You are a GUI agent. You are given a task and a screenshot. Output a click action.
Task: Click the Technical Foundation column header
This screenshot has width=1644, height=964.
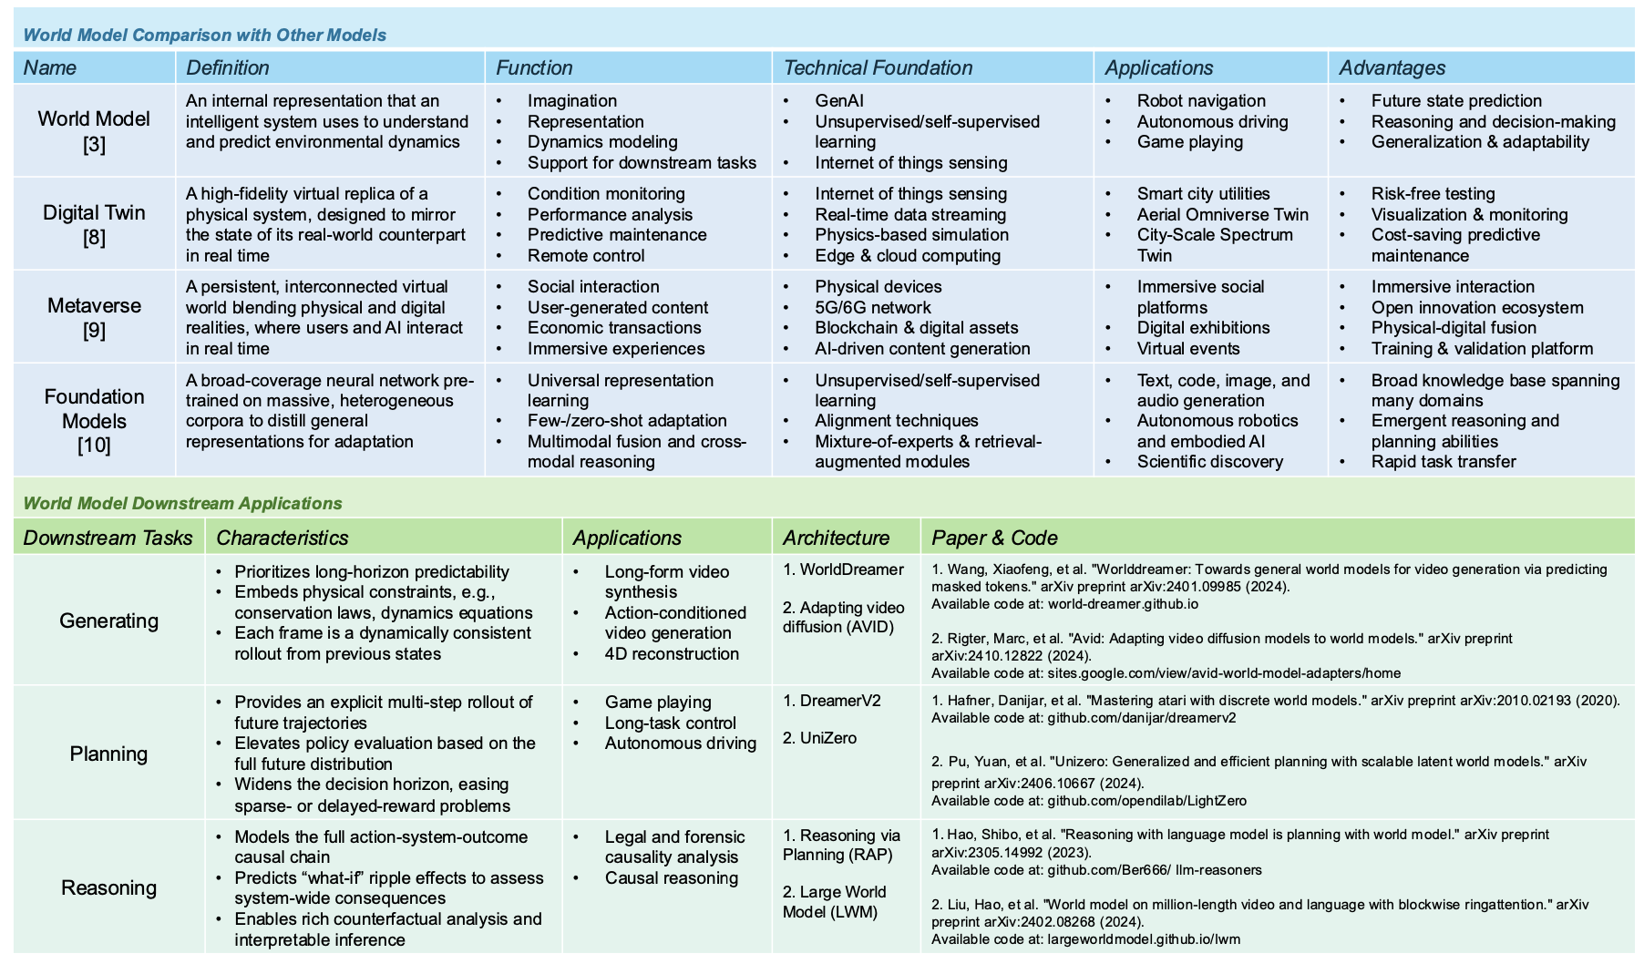click(x=878, y=67)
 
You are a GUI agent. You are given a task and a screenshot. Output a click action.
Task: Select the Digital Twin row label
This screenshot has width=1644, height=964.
click(x=94, y=224)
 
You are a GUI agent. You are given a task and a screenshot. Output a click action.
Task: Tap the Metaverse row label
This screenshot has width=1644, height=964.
click(x=94, y=317)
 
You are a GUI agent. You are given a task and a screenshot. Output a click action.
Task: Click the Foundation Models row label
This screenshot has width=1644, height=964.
click(x=94, y=420)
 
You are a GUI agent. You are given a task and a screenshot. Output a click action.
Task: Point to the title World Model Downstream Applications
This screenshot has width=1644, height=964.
click(x=182, y=503)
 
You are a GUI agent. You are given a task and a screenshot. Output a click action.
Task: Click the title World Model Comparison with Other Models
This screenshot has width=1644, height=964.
click(x=204, y=35)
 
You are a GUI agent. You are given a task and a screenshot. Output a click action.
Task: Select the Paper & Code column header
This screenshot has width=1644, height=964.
click(x=994, y=538)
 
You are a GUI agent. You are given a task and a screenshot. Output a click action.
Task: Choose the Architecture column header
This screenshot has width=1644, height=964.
click(x=836, y=538)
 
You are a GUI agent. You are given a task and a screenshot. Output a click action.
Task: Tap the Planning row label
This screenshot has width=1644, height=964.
click(x=108, y=754)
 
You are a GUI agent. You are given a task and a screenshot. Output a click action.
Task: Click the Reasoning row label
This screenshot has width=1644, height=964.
click(x=108, y=887)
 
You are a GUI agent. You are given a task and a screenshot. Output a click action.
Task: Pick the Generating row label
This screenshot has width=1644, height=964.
click(x=108, y=620)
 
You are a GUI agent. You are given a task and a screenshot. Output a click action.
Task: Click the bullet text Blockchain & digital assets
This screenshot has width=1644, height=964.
click(x=916, y=327)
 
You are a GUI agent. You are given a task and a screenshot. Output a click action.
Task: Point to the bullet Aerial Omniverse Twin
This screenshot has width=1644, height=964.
click(x=1222, y=214)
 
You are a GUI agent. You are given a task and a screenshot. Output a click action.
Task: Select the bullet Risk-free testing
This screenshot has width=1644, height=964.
click(x=1433, y=193)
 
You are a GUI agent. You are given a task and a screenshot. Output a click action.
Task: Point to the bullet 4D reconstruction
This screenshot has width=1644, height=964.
click(x=672, y=653)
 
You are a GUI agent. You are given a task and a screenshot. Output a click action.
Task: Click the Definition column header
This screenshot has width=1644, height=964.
click(x=227, y=67)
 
